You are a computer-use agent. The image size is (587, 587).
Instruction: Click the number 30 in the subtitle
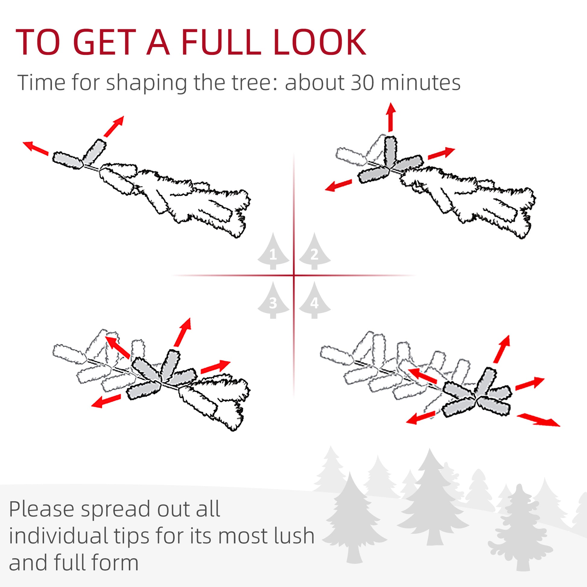(362, 83)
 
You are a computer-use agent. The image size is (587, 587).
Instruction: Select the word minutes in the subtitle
(420, 83)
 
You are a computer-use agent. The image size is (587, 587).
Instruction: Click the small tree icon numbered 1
(273, 252)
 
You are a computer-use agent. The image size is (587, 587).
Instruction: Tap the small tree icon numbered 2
(314, 252)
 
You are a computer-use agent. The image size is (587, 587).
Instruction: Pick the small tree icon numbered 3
(273, 301)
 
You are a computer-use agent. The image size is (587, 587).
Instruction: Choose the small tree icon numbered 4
(314, 301)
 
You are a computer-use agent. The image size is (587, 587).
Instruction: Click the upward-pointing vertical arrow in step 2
(391, 117)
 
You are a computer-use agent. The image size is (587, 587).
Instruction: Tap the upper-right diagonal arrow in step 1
(114, 126)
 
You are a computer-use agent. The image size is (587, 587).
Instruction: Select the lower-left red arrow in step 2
(338, 185)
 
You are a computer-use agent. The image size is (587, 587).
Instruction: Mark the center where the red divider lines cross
(294, 275)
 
